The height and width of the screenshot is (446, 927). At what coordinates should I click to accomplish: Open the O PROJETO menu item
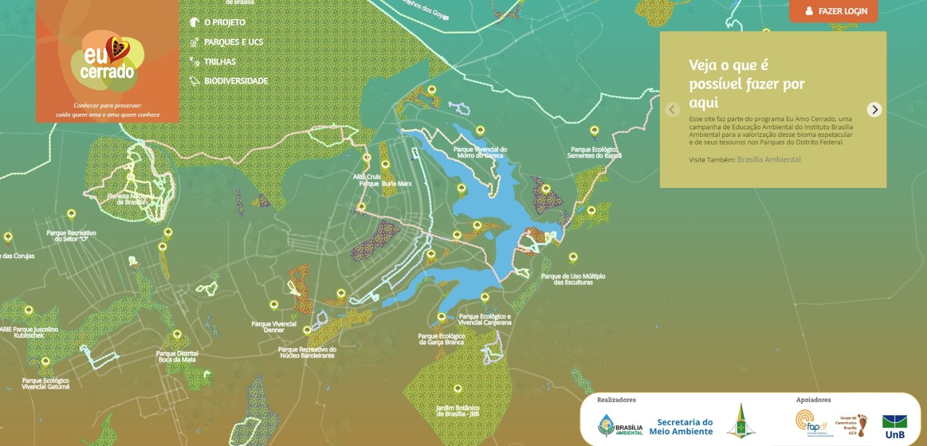click(x=224, y=22)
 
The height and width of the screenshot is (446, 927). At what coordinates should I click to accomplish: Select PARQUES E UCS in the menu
click(x=233, y=42)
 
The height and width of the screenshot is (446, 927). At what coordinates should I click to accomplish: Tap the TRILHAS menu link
click(x=219, y=61)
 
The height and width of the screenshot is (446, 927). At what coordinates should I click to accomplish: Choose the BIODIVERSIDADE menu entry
click(x=235, y=81)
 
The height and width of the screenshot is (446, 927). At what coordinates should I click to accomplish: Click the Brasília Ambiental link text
click(x=768, y=159)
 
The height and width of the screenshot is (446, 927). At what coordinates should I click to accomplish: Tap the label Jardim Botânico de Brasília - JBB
click(x=458, y=411)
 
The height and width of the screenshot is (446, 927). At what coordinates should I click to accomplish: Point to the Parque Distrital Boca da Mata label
click(x=177, y=356)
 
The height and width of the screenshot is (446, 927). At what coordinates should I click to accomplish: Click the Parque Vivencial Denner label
click(x=273, y=327)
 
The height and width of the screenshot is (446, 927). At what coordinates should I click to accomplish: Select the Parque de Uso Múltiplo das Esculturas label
click(x=573, y=279)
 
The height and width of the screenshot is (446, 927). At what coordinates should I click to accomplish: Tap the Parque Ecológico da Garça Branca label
click(x=441, y=339)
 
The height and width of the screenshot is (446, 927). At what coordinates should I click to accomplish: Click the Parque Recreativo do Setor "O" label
click(x=71, y=235)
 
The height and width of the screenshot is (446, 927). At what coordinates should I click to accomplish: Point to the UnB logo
click(x=894, y=426)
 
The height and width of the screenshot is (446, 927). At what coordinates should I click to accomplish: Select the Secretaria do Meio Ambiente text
click(x=681, y=426)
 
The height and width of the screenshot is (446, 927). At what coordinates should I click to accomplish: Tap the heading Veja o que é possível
click(x=746, y=83)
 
